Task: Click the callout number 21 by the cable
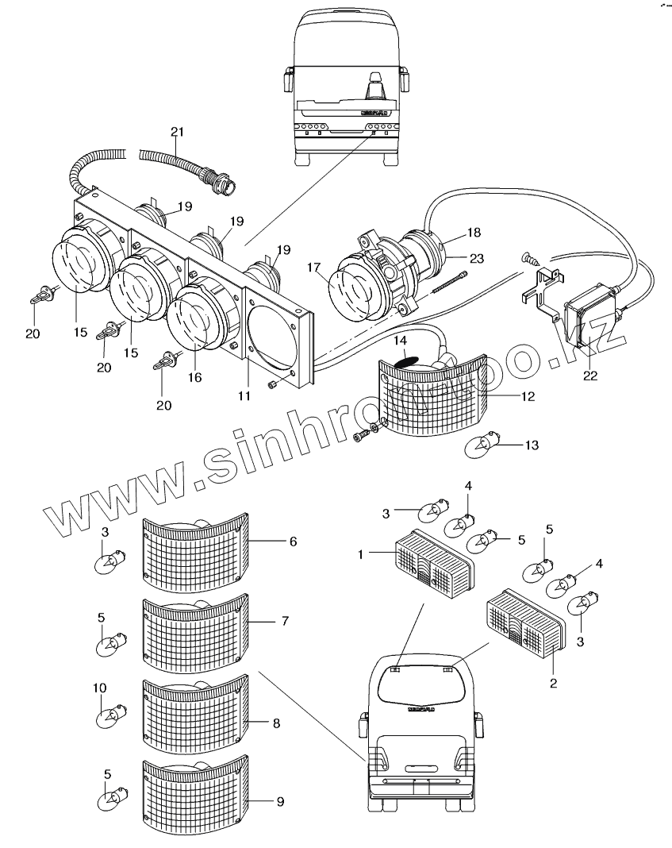[177, 131]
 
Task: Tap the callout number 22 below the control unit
[589, 376]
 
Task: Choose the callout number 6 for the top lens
[293, 541]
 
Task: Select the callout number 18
[474, 233]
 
